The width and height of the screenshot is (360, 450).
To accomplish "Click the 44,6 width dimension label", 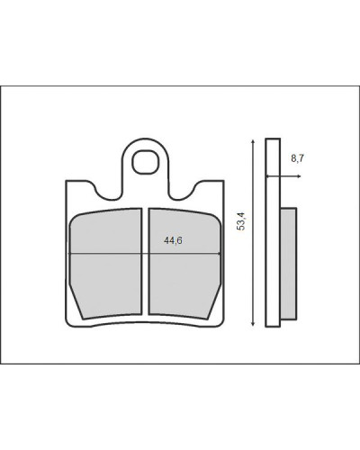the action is click(x=173, y=240).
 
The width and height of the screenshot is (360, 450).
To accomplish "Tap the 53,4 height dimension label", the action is click(x=241, y=221).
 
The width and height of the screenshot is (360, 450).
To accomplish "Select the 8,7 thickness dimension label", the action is click(x=297, y=158).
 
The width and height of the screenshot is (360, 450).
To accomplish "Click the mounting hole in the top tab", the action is click(x=145, y=162).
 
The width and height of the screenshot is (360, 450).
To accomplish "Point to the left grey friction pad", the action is click(x=105, y=264).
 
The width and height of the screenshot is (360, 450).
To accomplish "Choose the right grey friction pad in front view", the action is click(x=184, y=264).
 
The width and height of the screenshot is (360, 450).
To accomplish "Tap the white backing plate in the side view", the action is click(x=273, y=232).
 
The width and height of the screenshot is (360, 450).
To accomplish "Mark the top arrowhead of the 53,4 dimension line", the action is click(x=254, y=141).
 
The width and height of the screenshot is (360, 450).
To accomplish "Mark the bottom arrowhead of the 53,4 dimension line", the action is click(x=254, y=323).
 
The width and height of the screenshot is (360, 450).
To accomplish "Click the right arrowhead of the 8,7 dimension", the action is click(x=299, y=176).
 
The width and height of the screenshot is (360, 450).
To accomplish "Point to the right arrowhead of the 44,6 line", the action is click(x=220, y=254).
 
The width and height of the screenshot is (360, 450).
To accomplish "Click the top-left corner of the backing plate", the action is click(x=66, y=181).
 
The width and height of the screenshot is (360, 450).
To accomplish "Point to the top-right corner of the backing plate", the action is click(x=224, y=181).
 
